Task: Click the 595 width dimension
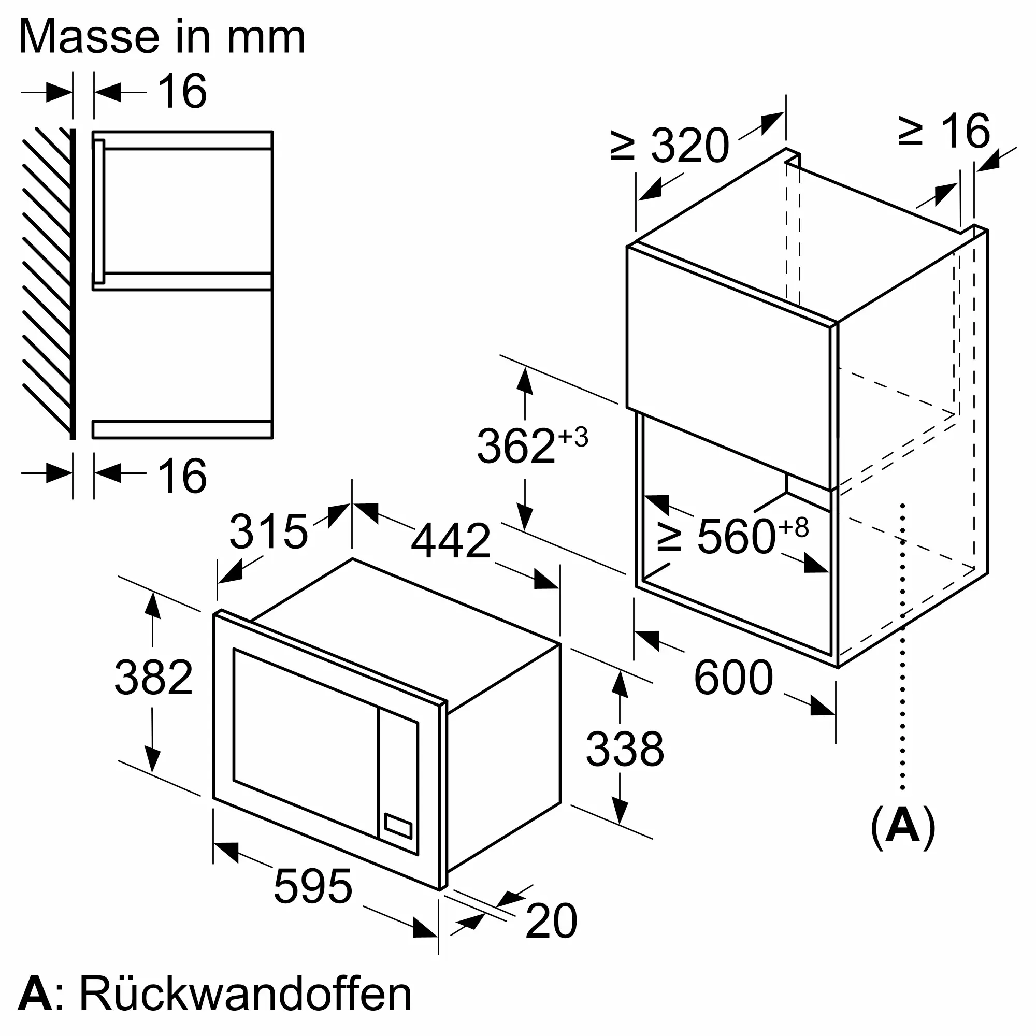[x=313, y=886]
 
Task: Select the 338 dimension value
[x=625, y=749]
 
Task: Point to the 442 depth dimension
[x=451, y=540]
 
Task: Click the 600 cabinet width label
[x=733, y=678]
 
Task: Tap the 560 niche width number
[x=736, y=536]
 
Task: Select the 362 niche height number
[x=516, y=445]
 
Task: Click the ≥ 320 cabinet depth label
[x=670, y=145]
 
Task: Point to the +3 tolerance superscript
[x=573, y=437]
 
